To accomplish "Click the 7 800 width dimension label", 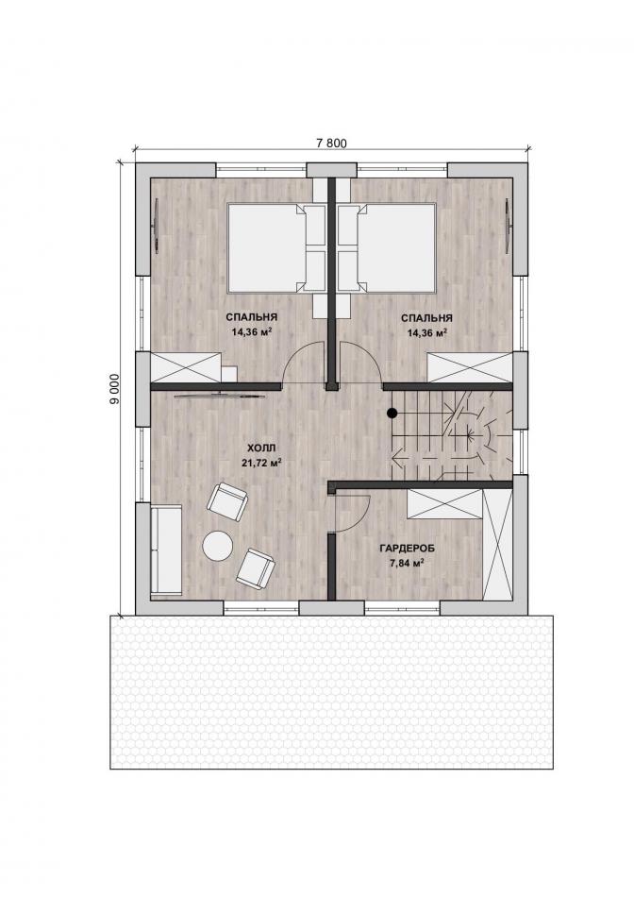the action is [x=331, y=143].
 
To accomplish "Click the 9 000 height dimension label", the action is [x=115, y=390].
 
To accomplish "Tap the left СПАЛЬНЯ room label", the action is [x=252, y=317].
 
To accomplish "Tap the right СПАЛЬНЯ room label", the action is [x=426, y=318].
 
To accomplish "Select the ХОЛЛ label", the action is [x=261, y=448].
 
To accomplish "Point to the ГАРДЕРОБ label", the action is [x=407, y=548].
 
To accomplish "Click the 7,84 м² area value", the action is [x=407, y=563].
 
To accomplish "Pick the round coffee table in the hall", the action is [x=217, y=546].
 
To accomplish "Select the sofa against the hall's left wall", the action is [x=166, y=550].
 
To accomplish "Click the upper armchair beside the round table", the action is [x=227, y=501].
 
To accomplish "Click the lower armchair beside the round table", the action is [x=256, y=567].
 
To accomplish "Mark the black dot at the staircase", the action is [x=392, y=412].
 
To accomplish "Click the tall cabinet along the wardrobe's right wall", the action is [x=497, y=545].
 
